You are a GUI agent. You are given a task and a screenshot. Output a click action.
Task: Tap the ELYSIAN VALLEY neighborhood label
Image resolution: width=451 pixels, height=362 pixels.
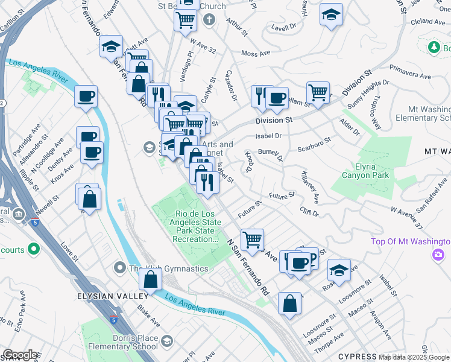pos(112,296)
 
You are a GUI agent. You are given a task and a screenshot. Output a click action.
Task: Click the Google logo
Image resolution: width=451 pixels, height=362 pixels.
pos(20,355)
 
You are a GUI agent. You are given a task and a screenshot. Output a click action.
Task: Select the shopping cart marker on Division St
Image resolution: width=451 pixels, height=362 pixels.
pos(318,93)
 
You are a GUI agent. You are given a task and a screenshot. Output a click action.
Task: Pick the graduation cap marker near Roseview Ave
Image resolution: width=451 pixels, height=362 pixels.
pos(339,272)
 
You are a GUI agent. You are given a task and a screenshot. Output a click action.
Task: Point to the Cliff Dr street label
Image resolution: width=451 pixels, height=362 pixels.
pos(309,211)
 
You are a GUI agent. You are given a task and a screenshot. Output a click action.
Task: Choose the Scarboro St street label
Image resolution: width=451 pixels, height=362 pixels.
pos(314,145)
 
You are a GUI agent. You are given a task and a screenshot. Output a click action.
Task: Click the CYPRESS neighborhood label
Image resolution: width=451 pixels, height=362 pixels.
pos(357,356)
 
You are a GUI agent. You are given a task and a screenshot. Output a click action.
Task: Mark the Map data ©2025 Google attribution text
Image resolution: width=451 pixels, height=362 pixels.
pos(414,357)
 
